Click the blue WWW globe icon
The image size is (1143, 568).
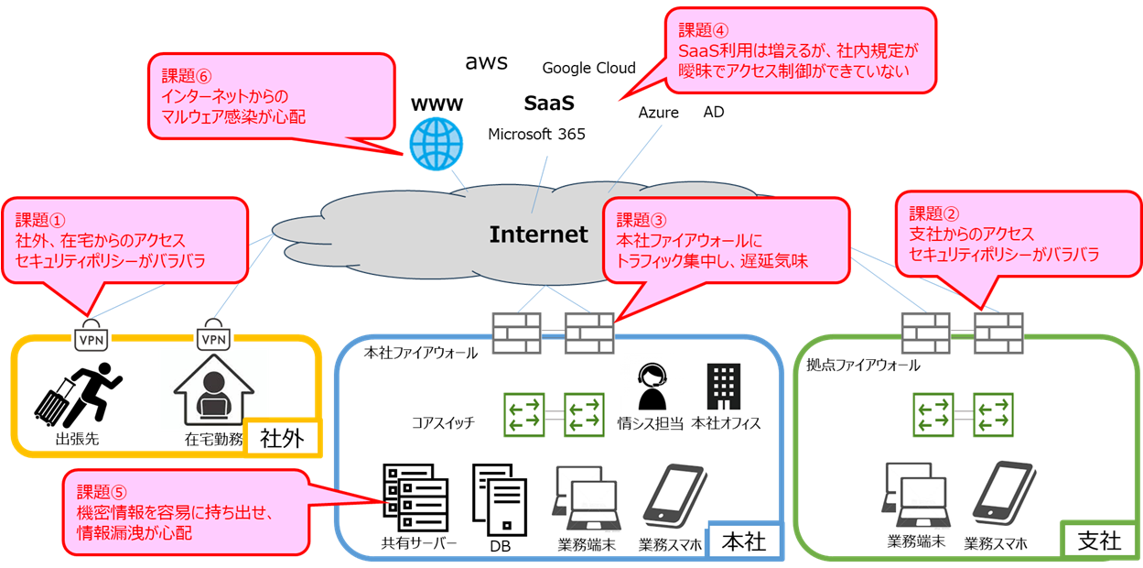(437, 142)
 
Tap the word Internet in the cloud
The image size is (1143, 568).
(538, 235)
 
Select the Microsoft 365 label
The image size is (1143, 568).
(536, 135)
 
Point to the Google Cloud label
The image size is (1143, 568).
(588, 68)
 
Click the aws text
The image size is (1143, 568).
(486, 62)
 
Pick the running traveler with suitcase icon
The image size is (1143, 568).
(77, 396)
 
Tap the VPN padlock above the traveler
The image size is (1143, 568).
(90, 335)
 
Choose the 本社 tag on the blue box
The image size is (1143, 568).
(743, 541)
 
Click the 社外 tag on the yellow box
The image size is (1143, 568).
(286, 437)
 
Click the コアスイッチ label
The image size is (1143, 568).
(443, 422)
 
